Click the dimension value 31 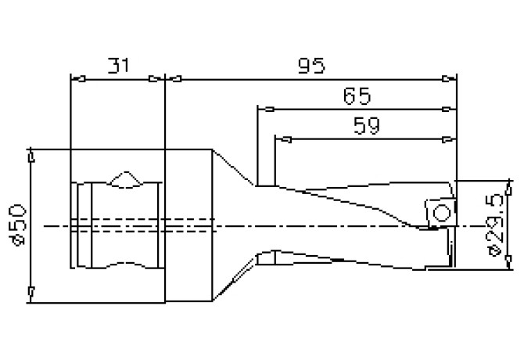tap(117, 66)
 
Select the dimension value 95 tap(312, 66)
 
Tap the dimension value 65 tap(356, 96)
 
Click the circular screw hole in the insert tap(440, 212)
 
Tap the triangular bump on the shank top tap(124, 179)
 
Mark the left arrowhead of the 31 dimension tap(77, 78)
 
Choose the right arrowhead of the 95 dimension tap(450, 78)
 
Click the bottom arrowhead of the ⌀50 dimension tap(30, 293)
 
